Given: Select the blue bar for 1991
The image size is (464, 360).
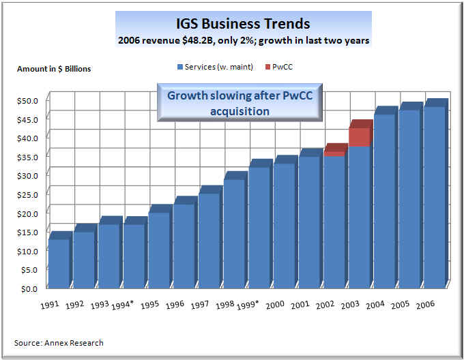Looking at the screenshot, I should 59,262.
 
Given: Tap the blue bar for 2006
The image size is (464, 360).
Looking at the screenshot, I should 434,198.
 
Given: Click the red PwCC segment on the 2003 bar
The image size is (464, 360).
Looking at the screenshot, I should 359,137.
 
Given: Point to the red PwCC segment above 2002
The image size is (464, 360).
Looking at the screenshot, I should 334,153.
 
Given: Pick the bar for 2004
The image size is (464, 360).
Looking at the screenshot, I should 384,201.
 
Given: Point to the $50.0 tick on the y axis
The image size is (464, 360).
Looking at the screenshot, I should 28,100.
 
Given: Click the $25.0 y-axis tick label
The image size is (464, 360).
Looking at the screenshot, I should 28,194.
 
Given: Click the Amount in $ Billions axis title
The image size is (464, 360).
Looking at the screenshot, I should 54,69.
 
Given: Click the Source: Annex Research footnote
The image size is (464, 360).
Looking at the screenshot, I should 59,343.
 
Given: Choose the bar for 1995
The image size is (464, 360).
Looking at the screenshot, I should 159,249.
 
